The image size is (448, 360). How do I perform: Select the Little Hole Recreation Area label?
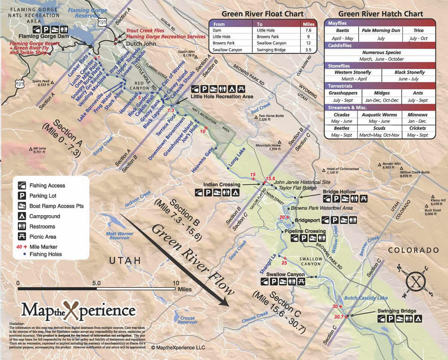pos(223,96)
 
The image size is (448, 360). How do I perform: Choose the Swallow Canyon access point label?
pos(285,274)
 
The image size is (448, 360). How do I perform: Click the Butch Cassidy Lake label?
pos(366,297)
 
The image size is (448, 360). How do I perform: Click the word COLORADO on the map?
pos(414,250)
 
